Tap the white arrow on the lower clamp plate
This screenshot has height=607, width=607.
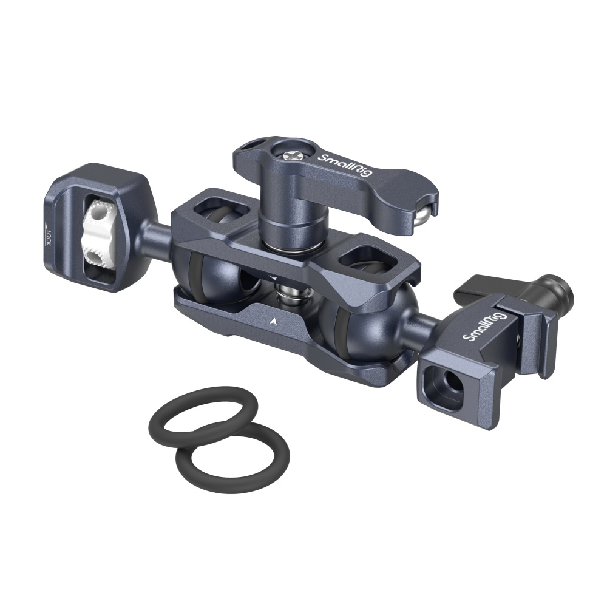pos(274,320)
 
